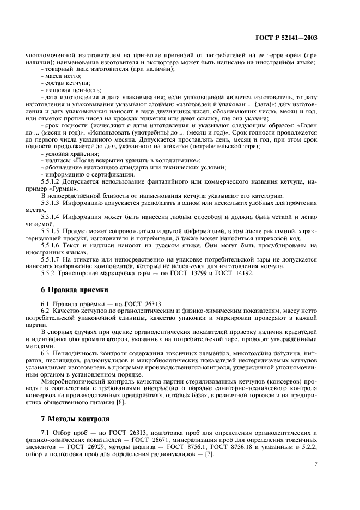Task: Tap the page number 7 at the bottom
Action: tap(316, 464)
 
